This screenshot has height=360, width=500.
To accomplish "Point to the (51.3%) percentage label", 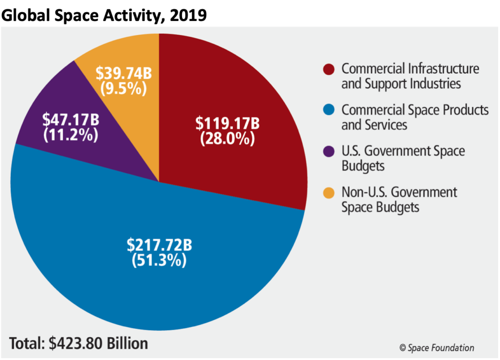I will click(158, 260).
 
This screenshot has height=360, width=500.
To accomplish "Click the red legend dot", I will click(329, 69).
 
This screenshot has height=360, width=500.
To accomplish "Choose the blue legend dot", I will click(329, 110).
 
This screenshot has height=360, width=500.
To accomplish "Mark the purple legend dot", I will click(329, 151).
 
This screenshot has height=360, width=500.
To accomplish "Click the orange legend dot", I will click(329, 192).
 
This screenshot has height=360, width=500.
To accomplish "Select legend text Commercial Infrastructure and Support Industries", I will click(410, 76).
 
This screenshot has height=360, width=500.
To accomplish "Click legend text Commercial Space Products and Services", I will click(415, 117).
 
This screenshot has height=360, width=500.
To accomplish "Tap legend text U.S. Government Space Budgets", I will click(403, 158).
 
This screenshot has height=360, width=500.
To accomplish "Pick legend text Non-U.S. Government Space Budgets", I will click(399, 199).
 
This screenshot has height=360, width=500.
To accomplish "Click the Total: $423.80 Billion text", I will click(78, 343).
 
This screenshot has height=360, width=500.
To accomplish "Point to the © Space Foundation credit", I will click(436, 347).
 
